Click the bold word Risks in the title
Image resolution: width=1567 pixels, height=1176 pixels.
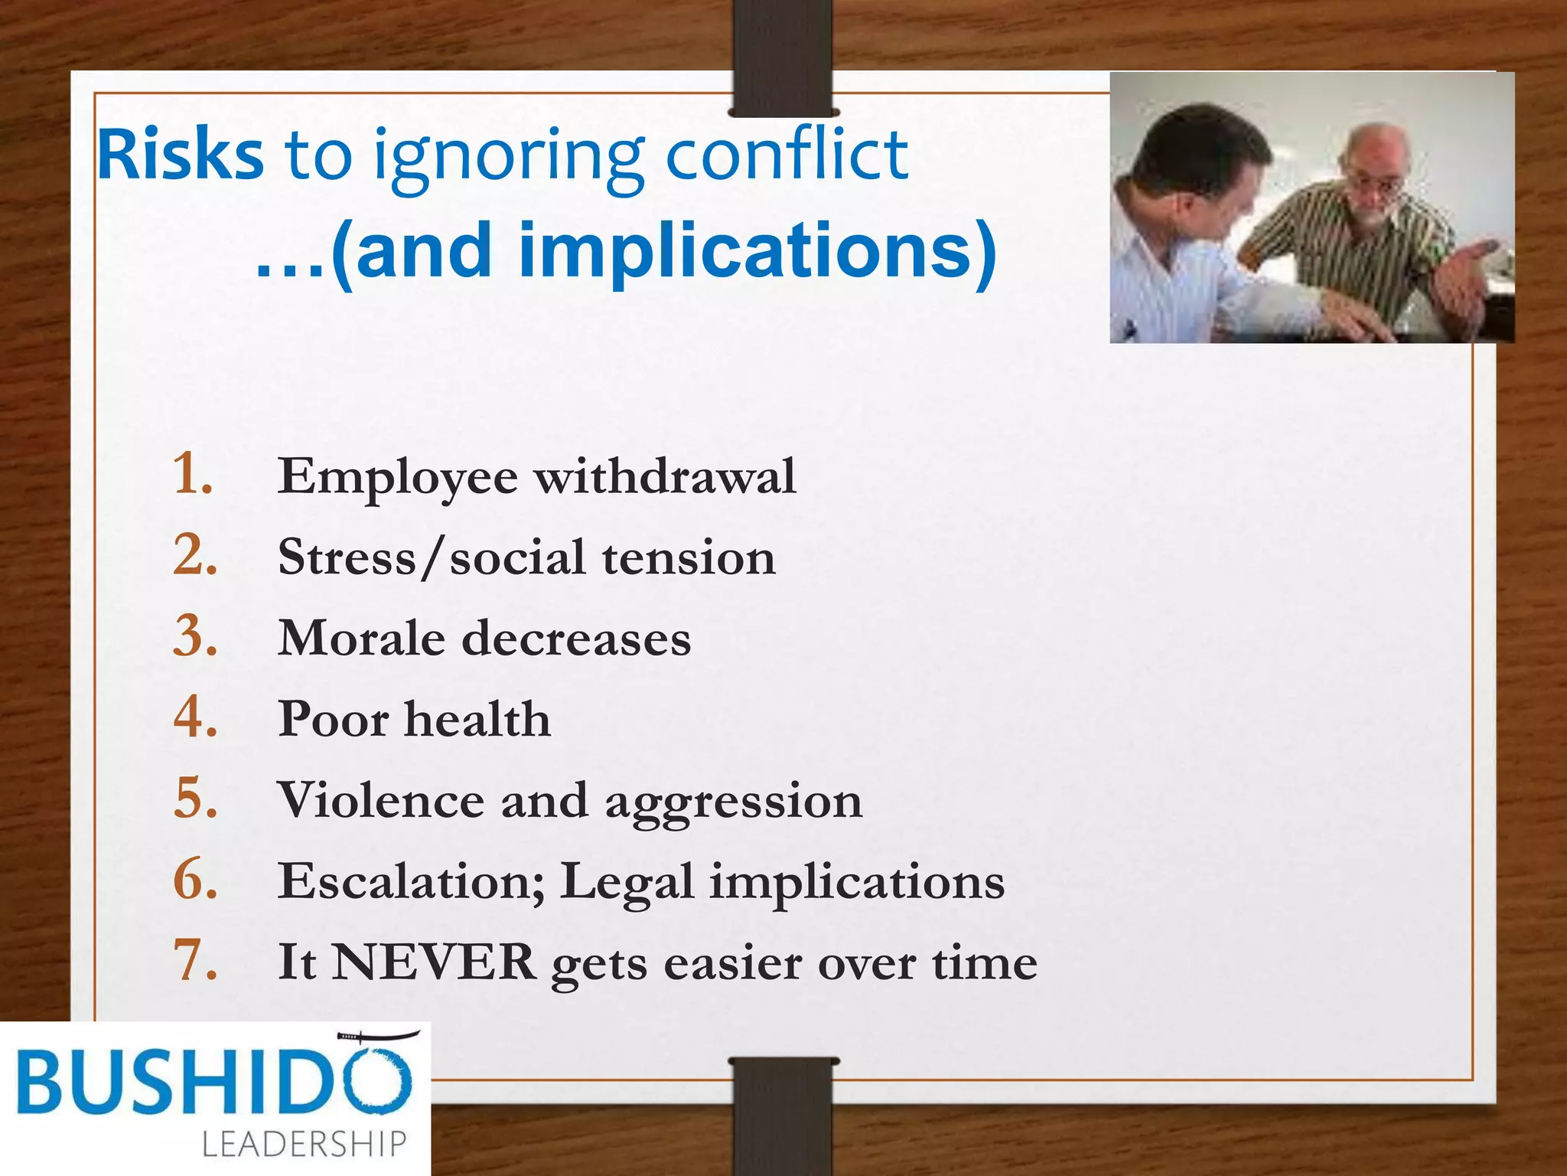[181, 156]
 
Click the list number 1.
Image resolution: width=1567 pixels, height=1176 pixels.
[191, 474]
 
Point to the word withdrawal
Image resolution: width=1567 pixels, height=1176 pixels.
[665, 477]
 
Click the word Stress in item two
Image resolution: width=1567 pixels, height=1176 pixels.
[347, 557]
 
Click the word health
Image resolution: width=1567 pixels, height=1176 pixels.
[477, 720]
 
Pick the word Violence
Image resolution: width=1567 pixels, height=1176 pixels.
[380, 801]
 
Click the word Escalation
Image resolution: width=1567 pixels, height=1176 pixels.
[412, 881]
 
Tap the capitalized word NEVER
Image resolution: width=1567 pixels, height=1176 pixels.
[434, 962]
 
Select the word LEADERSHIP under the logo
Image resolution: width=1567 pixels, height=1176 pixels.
[304, 1144]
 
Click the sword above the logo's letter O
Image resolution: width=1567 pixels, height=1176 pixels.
[379, 1037]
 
